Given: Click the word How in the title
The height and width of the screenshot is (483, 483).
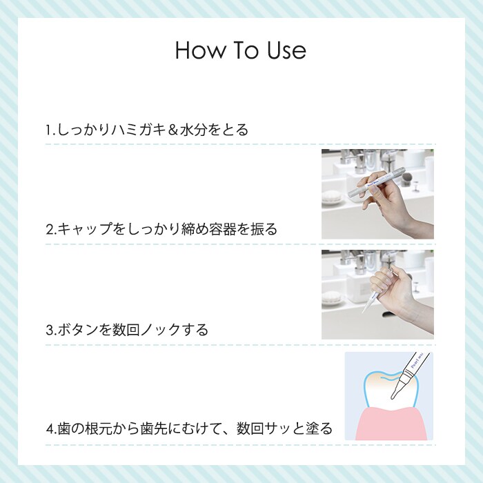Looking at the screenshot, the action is pos(200,50).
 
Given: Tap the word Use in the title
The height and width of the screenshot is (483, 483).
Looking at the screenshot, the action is pos(286,50).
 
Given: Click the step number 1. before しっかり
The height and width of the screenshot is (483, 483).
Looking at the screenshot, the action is pos(50,130).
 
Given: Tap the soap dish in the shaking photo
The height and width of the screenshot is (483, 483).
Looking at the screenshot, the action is pos(331,197).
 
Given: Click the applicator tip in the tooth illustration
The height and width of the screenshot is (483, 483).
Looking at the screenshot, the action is pos(393,397).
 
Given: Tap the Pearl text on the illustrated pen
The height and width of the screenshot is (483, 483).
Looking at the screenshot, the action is pos(415,362).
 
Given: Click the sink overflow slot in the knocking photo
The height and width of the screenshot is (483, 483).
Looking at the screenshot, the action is pos(388,314).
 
